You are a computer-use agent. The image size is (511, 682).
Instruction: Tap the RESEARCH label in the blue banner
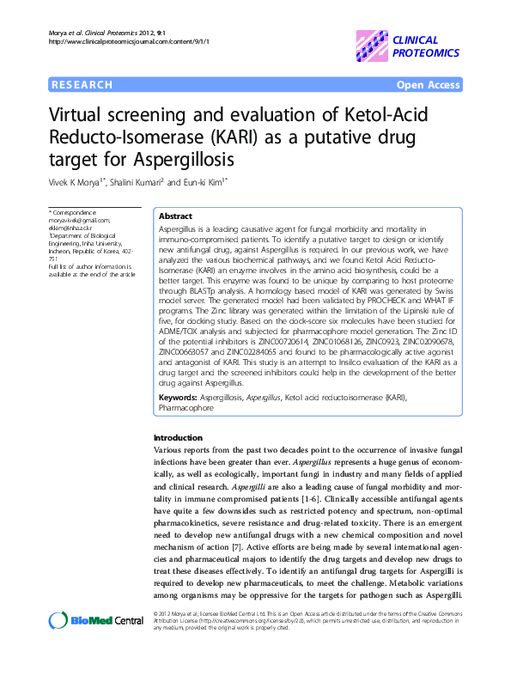[82, 85]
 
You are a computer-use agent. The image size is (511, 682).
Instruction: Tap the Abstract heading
[176, 216]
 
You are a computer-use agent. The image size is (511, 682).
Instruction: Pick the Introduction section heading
[178, 438]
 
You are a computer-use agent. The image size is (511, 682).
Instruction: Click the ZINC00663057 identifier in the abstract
[189, 351]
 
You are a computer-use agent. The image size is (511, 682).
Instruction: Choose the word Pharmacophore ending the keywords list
[188, 408]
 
